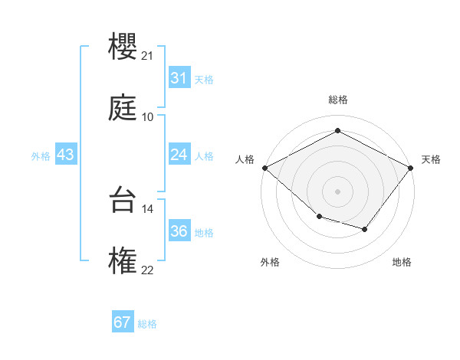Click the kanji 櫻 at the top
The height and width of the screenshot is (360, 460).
click(x=123, y=47)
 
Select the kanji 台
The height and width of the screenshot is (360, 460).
click(x=123, y=201)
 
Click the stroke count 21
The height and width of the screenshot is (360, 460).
click(x=147, y=56)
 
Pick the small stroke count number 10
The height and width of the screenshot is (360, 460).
click(x=147, y=117)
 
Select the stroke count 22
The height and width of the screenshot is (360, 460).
click(x=147, y=270)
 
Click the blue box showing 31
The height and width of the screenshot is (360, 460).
click(x=179, y=78)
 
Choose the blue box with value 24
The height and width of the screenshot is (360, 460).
click(x=179, y=155)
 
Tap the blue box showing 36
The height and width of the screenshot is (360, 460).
click(x=179, y=231)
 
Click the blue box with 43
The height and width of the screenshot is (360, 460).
click(x=66, y=155)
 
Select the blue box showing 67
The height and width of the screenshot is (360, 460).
click(x=123, y=322)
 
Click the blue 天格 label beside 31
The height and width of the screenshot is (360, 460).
click(x=204, y=79)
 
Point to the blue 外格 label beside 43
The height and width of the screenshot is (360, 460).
click(x=41, y=155)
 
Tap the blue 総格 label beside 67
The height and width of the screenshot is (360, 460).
click(x=147, y=323)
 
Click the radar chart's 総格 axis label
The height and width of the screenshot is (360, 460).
click(x=337, y=100)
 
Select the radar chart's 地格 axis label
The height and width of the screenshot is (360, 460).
click(x=402, y=262)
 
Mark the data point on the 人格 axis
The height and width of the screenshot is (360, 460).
click(x=264, y=167)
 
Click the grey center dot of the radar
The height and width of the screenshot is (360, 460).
click(x=337, y=191)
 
